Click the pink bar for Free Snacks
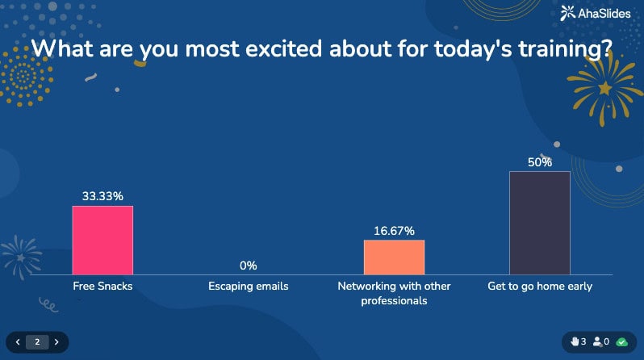coord(102,240)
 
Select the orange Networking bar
coord(394,257)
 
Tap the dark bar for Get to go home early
coord(540,222)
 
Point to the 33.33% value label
coord(102,196)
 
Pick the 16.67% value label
coord(394,231)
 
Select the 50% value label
coord(540,162)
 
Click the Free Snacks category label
coord(102,286)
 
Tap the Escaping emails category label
coord(248,286)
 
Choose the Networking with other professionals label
coord(394,293)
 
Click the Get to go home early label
coord(540,286)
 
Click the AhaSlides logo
coord(596,12)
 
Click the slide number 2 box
coord(37,341)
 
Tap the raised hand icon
coord(575,341)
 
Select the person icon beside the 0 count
coord(597,341)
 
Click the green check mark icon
coord(621,341)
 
